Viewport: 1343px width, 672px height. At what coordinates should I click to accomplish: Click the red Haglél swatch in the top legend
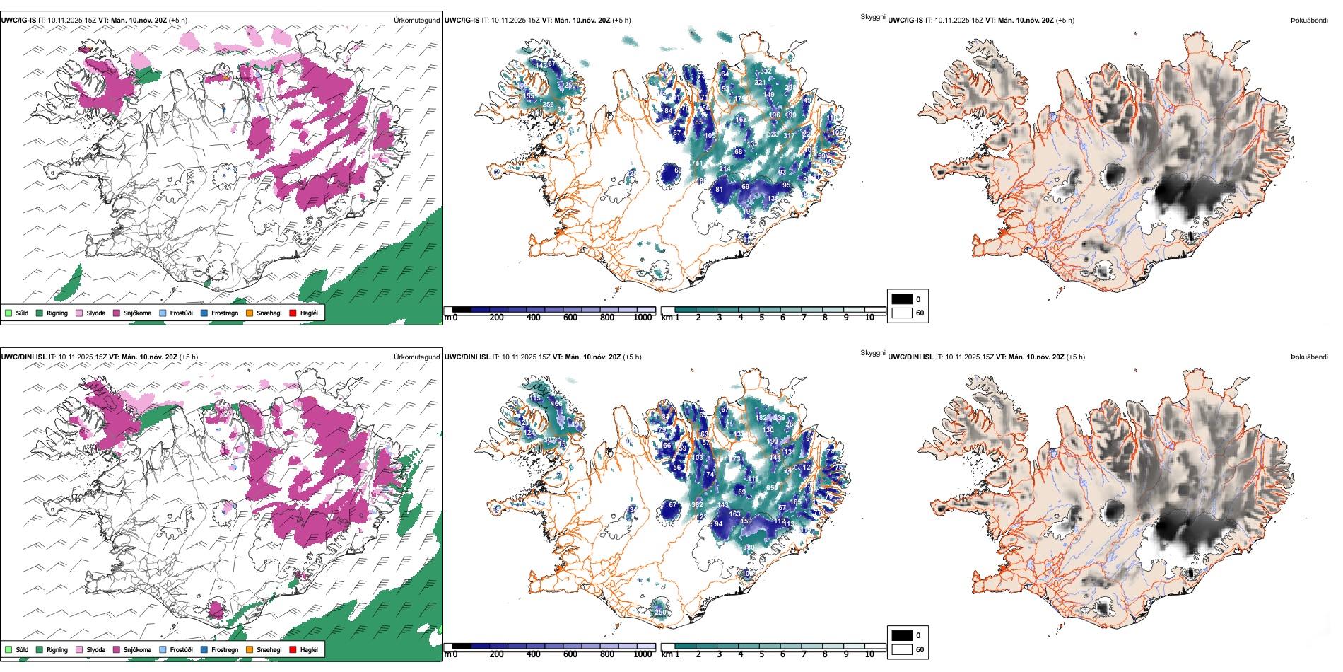tap(293, 313)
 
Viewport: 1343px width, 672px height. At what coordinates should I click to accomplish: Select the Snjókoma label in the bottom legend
tap(137, 649)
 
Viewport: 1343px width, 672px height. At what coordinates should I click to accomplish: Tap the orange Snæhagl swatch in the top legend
tap(250, 313)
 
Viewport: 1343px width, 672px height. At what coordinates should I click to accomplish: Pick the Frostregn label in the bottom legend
tap(225, 649)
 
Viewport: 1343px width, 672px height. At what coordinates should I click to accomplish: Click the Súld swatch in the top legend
tap(8, 313)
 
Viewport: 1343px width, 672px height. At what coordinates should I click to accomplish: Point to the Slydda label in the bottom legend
tap(96, 649)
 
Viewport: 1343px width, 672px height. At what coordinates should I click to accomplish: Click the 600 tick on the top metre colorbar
tap(570, 318)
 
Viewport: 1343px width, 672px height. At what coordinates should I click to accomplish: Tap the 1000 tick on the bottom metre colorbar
tap(643, 654)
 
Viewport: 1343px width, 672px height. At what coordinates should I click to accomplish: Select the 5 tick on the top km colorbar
tap(762, 318)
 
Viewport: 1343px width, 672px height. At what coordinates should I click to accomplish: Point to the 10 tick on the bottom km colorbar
tap(869, 654)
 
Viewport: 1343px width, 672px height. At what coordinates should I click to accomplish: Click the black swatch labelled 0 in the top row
tap(902, 299)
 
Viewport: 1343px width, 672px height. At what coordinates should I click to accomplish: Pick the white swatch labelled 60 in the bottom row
tap(902, 649)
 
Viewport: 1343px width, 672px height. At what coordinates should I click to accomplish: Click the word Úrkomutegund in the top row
tap(416, 21)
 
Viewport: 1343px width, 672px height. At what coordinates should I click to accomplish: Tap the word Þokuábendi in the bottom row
tap(1309, 357)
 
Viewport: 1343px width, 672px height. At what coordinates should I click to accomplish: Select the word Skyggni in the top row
tap(872, 17)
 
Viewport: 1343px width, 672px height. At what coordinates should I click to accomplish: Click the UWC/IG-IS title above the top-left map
tap(18, 21)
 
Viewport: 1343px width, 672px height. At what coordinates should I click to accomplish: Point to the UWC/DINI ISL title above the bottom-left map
tap(23, 357)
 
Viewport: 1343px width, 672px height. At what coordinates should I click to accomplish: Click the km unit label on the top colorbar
tap(667, 318)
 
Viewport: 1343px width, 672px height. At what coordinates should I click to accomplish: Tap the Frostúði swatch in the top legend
tap(163, 313)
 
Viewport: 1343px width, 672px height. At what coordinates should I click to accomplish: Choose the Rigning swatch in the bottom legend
tap(40, 649)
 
